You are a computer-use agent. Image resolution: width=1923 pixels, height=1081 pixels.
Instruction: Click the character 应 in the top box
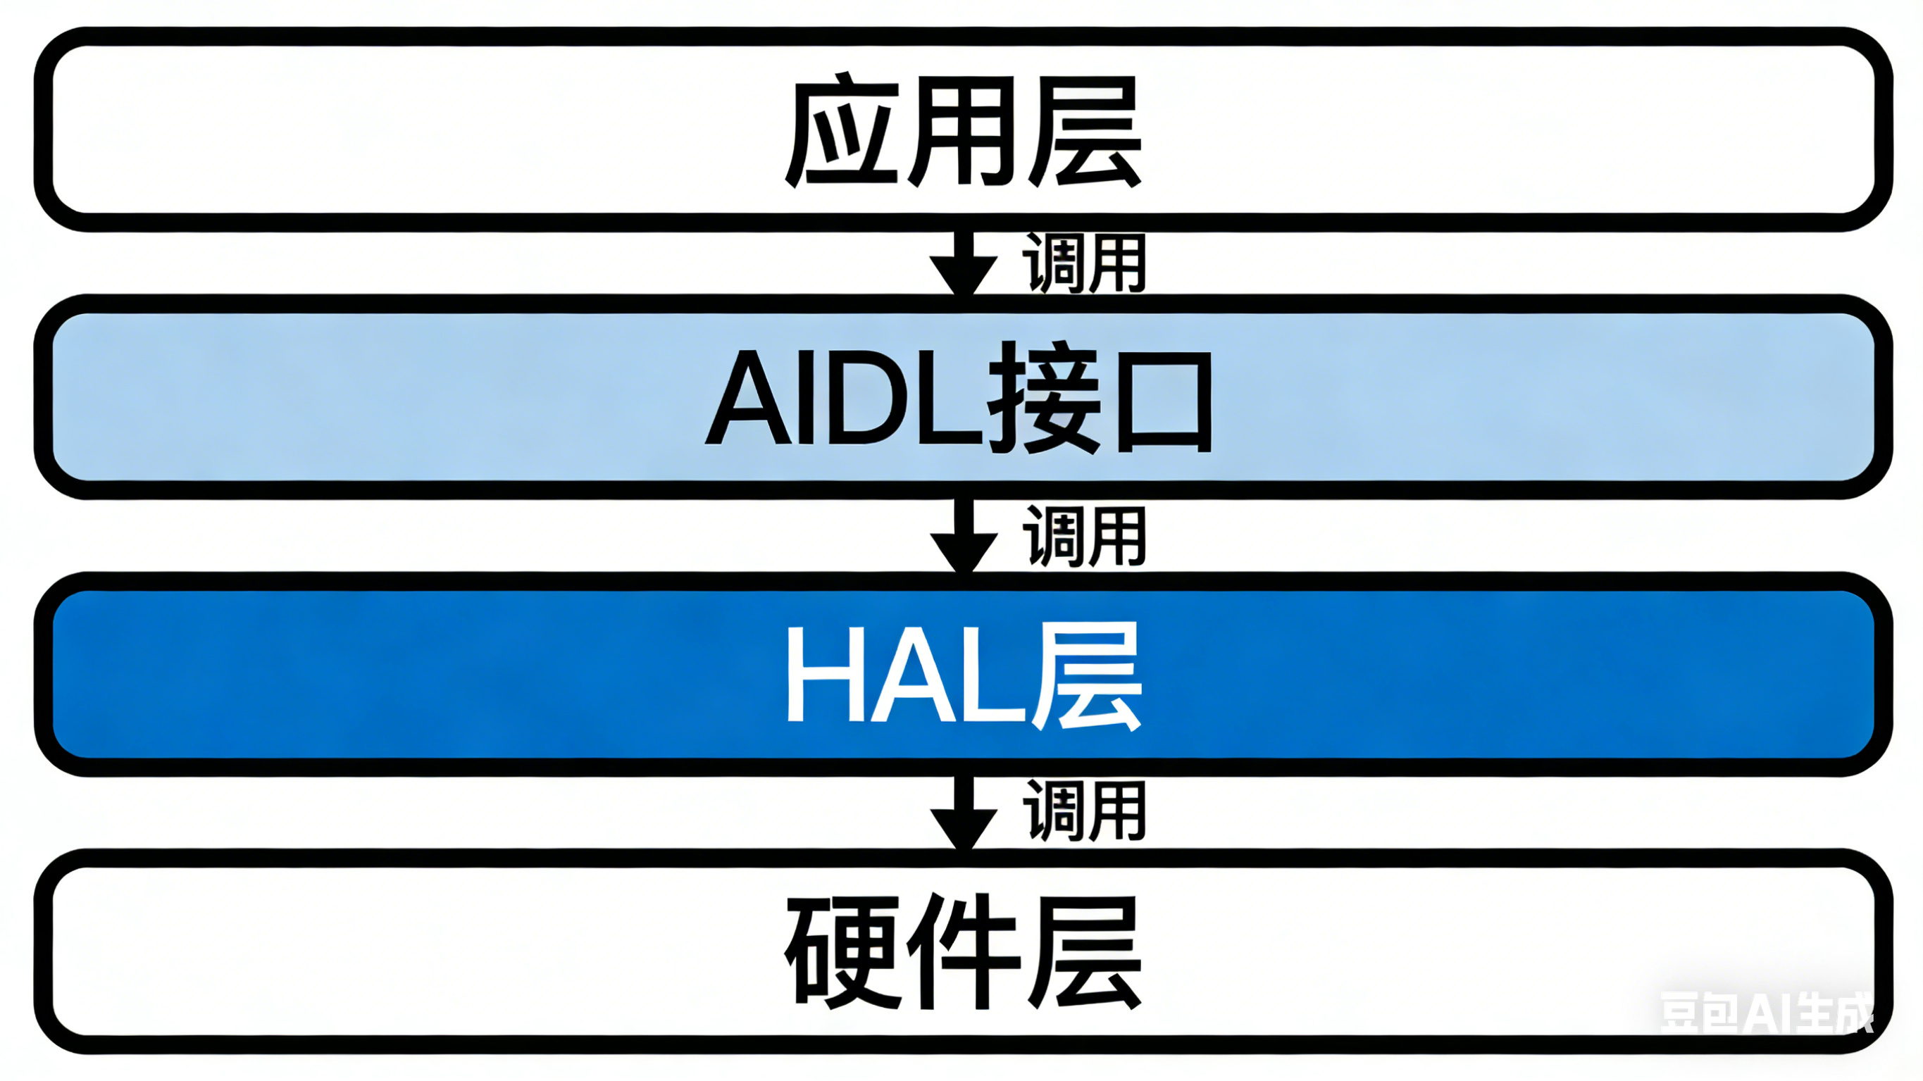840,131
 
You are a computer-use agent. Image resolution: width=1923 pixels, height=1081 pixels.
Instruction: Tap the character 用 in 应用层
963,132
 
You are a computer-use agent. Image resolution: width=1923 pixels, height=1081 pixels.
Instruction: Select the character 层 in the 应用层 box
1086,132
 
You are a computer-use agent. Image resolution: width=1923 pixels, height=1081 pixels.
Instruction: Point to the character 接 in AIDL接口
1045,398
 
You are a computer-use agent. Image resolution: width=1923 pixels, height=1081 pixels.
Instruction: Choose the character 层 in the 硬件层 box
1086,952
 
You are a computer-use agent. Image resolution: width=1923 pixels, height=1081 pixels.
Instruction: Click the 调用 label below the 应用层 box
1084,263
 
